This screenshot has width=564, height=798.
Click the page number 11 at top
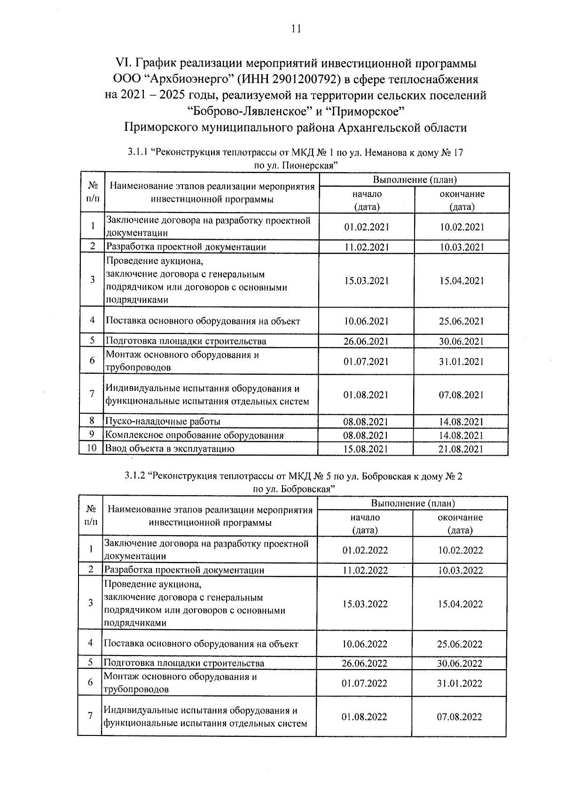click(296, 29)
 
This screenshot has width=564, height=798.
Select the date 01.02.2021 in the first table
click(366, 228)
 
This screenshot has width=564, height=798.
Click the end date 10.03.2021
click(462, 247)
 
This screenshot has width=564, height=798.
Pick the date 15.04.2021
click(462, 281)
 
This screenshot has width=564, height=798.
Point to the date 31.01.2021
click(461, 362)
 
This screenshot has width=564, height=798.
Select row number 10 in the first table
click(92, 448)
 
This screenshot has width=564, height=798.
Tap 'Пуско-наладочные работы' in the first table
click(163, 422)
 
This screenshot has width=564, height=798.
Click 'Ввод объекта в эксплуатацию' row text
click(170, 449)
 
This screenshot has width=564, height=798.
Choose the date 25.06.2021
click(462, 322)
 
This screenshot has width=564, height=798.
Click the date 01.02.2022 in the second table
click(365, 551)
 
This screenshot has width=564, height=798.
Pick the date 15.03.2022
click(365, 604)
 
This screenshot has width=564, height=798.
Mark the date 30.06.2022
click(460, 664)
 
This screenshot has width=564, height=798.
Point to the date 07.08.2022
click(460, 717)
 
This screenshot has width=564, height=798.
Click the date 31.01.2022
click(460, 684)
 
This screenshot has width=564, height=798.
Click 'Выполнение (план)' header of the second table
click(413, 504)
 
